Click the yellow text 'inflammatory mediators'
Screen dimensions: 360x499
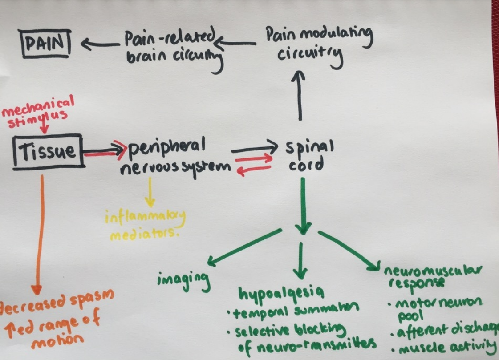146,225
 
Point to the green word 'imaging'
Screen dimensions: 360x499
183,279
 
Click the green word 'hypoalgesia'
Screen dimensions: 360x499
280,293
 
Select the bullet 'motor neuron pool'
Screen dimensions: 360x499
434,308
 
